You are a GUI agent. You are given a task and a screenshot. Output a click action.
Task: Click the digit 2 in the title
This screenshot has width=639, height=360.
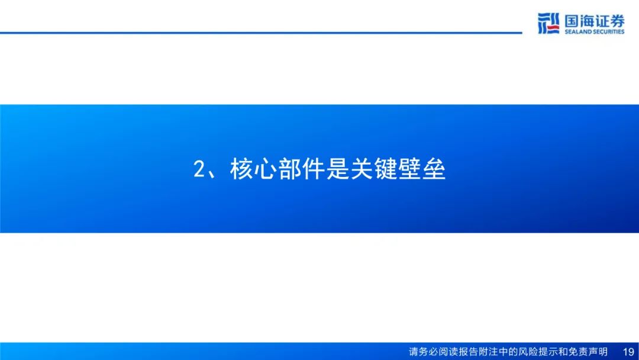point(199,169)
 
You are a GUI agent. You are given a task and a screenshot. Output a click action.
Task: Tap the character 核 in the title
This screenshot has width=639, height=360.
point(241,169)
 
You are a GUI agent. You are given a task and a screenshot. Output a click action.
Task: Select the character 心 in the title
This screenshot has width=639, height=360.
point(266,169)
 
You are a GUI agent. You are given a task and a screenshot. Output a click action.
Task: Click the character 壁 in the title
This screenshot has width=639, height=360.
point(410,169)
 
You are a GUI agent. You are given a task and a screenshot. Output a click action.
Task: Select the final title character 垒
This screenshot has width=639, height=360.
point(434,169)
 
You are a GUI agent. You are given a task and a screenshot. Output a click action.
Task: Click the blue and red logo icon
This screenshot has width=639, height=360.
point(548,23)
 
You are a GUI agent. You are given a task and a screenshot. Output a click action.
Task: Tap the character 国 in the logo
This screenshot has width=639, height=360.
point(572,21)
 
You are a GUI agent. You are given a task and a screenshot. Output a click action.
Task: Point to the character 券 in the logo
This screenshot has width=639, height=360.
point(617,21)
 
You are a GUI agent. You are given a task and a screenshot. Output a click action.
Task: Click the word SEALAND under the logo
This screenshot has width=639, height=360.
point(578,32)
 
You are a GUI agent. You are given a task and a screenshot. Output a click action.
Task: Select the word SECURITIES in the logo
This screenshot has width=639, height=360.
point(609,32)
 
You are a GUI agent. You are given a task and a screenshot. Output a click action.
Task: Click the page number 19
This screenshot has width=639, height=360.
point(628,352)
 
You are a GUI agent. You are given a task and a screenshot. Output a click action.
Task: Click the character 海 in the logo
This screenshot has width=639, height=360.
point(587,21)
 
